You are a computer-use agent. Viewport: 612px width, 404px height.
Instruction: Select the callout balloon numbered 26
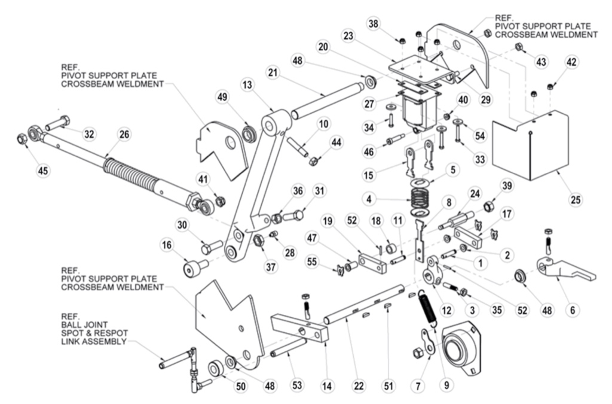pyautogui.click(x=124, y=134)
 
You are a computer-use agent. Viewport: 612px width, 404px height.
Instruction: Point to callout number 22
pyautogui.click(x=359, y=387)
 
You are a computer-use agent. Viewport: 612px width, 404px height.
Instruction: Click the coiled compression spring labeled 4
pyautogui.click(x=423, y=198)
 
